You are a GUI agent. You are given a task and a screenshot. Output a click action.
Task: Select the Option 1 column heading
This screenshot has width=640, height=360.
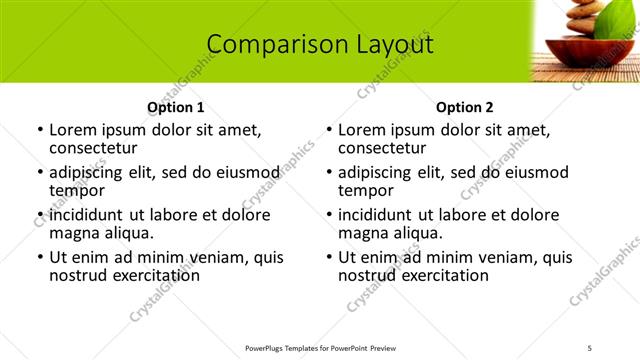point(176,107)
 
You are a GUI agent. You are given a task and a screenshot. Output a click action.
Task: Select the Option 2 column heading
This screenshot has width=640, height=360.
point(465,107)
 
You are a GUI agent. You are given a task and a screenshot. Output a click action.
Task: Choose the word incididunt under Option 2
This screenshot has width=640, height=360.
point(384,215)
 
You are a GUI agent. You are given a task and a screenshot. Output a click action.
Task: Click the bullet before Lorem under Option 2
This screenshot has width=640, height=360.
point(329,131)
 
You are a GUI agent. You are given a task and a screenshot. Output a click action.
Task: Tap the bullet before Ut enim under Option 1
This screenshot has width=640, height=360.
point(40,258)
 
